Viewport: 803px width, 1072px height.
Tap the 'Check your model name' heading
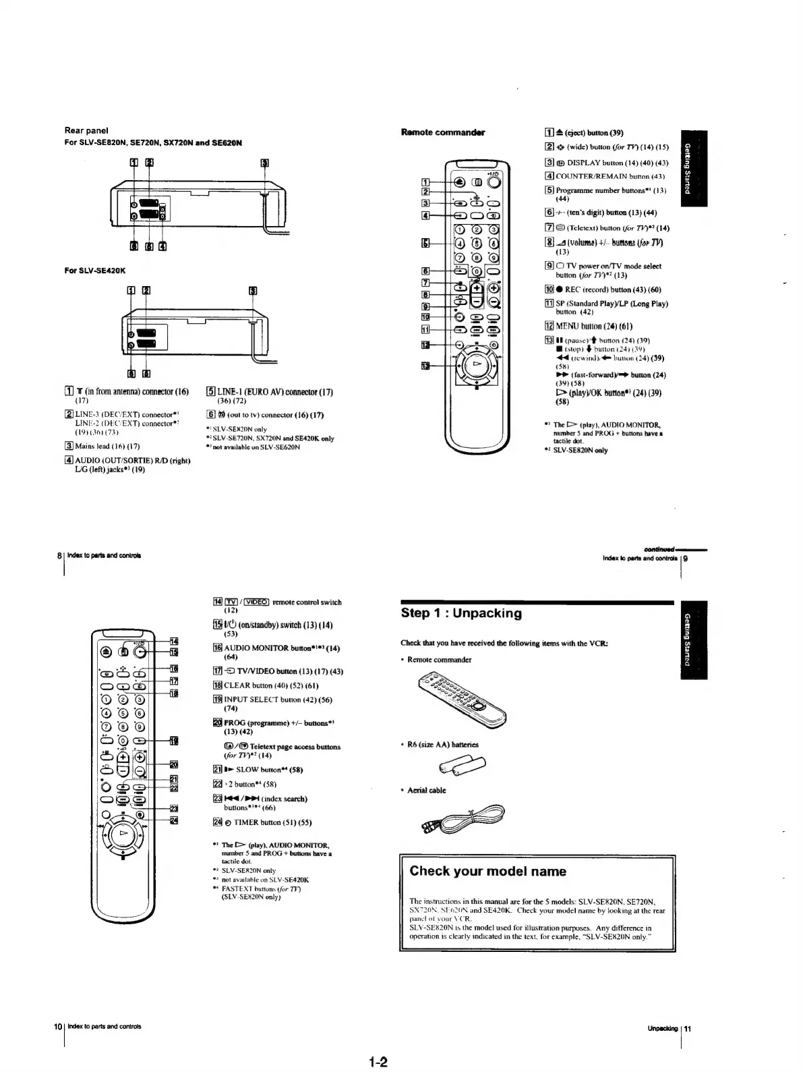click(x=487, y=871)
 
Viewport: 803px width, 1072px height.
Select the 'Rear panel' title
click(x=86, y=130)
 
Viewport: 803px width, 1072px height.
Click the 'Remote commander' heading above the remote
click(x=443, y=132)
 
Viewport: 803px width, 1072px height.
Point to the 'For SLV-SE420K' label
click(x=96, y=271)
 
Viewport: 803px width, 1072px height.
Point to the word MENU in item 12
click(x=572, y=327)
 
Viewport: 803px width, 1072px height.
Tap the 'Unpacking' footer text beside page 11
click(x=663, y=1029)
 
